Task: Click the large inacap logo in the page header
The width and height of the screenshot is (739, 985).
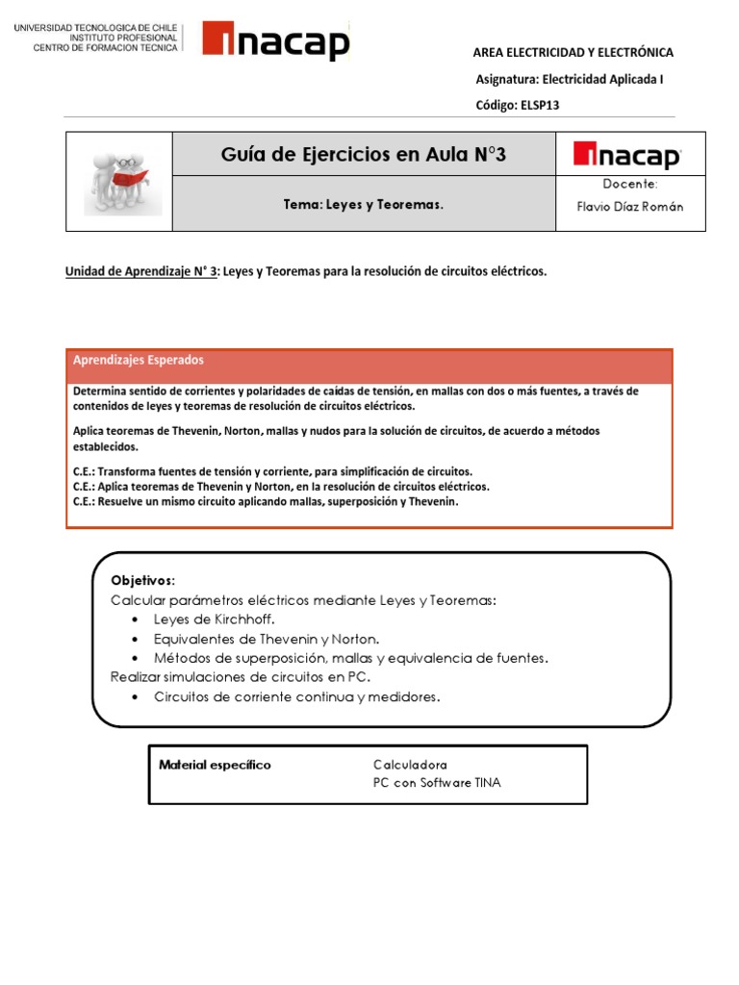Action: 276,42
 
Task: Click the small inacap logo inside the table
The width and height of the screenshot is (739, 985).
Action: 626,155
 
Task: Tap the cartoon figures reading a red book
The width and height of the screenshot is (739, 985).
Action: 118,180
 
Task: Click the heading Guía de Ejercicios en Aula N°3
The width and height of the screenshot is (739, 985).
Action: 364,154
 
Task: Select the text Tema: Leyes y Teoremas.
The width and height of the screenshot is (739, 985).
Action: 364,204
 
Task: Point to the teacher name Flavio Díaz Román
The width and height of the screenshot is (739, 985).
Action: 630,207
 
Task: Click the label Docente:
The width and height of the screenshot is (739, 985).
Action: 630,184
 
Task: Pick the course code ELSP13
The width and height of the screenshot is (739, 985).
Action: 517,106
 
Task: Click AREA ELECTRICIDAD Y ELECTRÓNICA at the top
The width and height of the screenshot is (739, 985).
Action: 573,53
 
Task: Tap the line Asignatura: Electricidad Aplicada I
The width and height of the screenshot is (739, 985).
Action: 570,80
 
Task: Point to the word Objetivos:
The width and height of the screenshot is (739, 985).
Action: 142,580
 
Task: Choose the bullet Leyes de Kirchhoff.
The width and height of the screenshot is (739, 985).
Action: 214,619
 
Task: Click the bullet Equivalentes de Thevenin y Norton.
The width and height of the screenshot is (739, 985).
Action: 266,639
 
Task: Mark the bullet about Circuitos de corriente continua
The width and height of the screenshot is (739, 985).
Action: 296,696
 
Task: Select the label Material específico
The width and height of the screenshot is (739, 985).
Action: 215,765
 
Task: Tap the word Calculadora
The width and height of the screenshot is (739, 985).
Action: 410,765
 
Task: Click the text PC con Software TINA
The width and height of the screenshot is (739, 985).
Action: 437,783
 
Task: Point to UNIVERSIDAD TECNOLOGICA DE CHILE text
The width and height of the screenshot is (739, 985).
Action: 96,28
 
